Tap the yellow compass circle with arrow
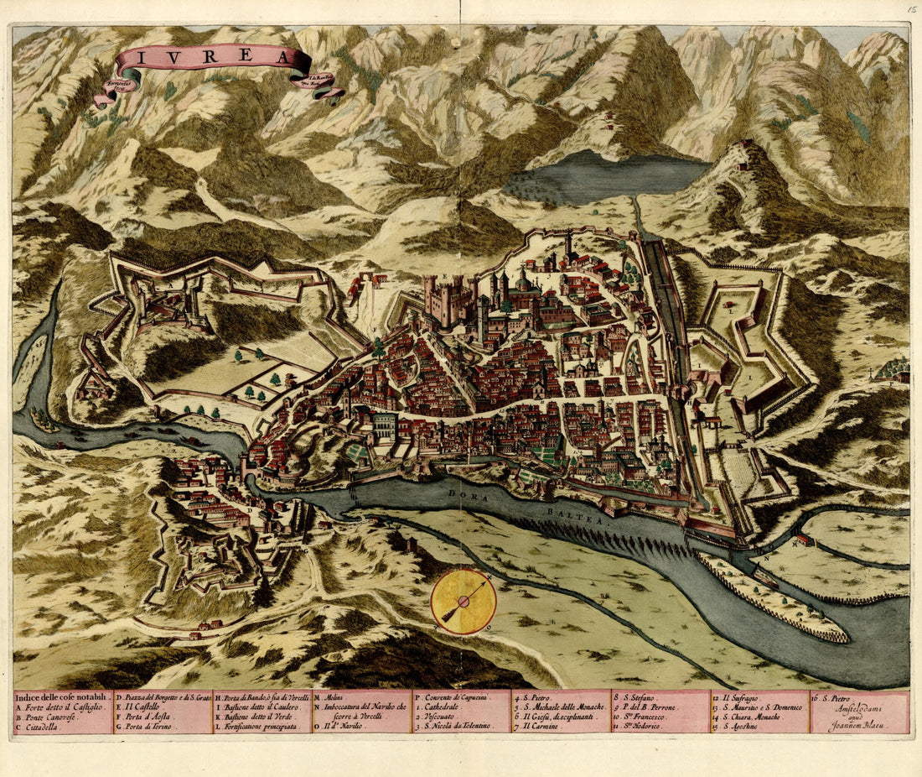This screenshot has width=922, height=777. pyautogui.click(x=464, y=601)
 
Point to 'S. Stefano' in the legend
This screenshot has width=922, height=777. pyautogui.click(x=641, y=697)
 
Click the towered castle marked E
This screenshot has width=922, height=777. pyautogui.click(x=450, y=300)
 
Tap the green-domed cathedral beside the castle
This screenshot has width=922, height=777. pyautogui.click(x=522, y=281)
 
